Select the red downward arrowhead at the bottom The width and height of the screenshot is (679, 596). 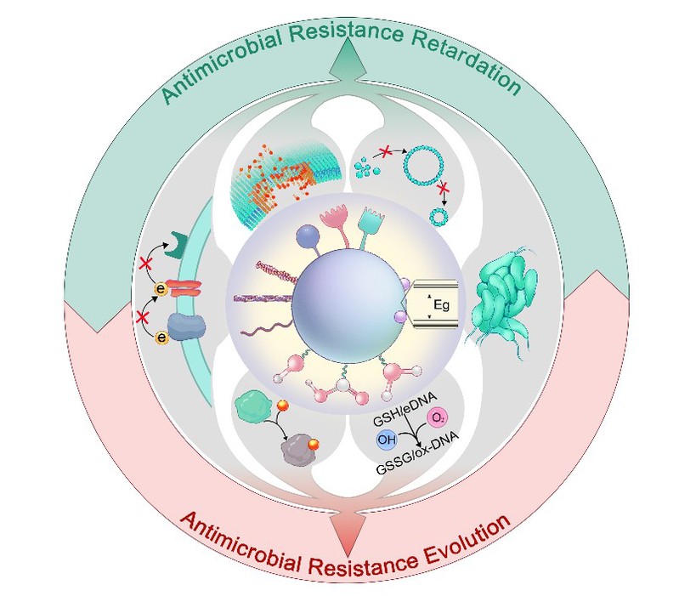[348, 534]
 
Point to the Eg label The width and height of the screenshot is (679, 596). [441, 305]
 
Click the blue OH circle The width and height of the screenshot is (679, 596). [387, 440]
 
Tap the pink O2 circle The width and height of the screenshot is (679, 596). [438, 418]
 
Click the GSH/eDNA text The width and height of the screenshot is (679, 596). [405, 409]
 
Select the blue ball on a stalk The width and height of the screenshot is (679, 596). [308, 237]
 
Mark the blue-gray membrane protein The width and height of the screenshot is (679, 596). [187, 327]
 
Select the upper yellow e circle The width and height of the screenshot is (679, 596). [161, 289]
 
